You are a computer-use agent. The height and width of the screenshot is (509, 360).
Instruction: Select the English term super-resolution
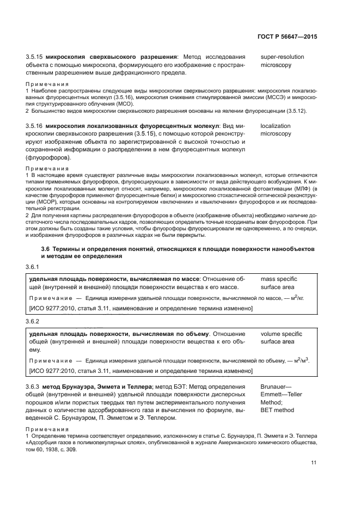(283, 57)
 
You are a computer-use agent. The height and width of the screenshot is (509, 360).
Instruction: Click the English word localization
(276, 126)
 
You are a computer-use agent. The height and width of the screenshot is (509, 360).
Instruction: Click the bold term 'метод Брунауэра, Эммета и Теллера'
(89, 386)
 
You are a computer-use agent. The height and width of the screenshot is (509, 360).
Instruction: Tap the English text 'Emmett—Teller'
(284, 394)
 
